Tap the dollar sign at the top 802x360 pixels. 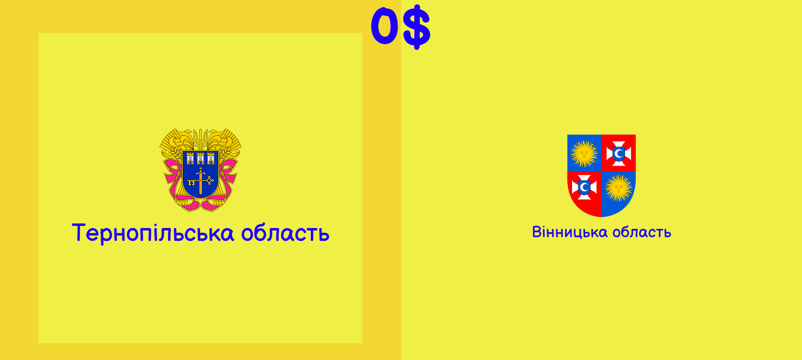[416, 27]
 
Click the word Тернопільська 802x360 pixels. [153, 233]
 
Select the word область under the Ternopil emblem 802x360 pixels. [285, 233]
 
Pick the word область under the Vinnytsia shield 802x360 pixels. [642, 232]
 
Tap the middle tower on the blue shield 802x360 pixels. [200, 158]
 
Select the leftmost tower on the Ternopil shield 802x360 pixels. [190, 158]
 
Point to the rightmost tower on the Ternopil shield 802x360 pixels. [211, 158]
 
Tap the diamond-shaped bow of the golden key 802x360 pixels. [210, 181]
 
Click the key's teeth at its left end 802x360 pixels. [191, 183]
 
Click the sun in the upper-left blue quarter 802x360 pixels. [584, 153]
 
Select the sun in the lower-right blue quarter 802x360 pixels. [619, 188]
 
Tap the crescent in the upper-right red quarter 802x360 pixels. [619, 154]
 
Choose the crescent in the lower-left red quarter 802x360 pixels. [584, 188]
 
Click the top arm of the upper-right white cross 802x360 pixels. [619, 145]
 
